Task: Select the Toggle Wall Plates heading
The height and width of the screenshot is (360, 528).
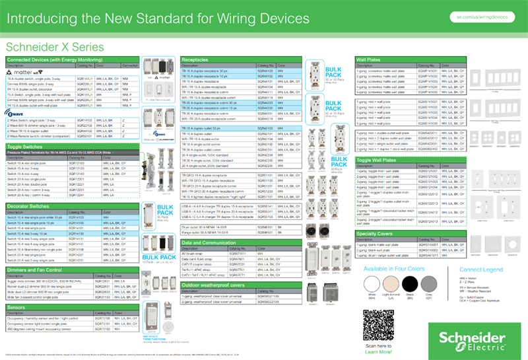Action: (376, 160)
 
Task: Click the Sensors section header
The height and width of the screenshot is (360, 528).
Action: (16, 307)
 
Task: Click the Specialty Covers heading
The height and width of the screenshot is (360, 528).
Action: (375, 234)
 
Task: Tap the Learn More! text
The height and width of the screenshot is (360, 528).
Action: (378, 351)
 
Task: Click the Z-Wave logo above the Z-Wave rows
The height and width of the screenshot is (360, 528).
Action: (15, 113)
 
